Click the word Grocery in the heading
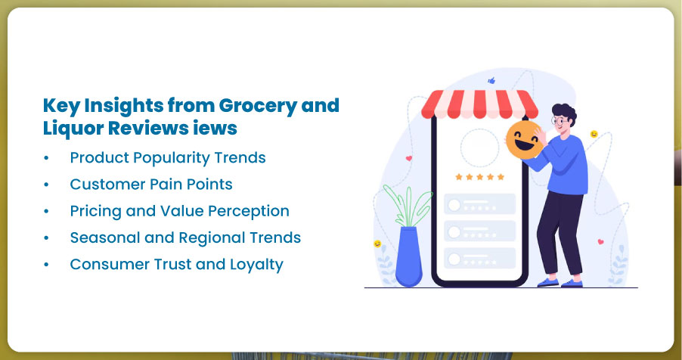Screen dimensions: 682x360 262,106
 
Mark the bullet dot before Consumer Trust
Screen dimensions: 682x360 47,265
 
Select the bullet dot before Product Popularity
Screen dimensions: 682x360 47,158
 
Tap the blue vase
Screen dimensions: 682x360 408,257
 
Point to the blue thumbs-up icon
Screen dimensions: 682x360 491,80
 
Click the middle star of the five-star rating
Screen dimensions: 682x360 480,177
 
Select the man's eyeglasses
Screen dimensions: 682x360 556,120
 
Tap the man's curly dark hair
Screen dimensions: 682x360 565,112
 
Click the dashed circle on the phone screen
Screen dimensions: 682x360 480,148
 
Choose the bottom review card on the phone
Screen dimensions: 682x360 480,258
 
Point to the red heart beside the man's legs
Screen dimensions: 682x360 600,241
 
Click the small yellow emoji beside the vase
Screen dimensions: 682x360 377,244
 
